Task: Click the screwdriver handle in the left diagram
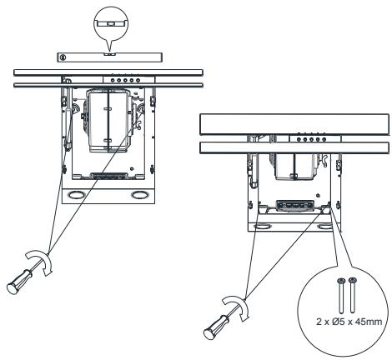tap(19, 282)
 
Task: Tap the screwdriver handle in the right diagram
tap(217, 327)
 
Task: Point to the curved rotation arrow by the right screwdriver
tap(237, 306)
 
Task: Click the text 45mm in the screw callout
tap(369, 322)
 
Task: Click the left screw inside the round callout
tap(341, 295)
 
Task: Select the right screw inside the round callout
tap(353, 295)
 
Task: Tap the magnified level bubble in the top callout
tap(111, 23)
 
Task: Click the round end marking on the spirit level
tap(63, 57)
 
